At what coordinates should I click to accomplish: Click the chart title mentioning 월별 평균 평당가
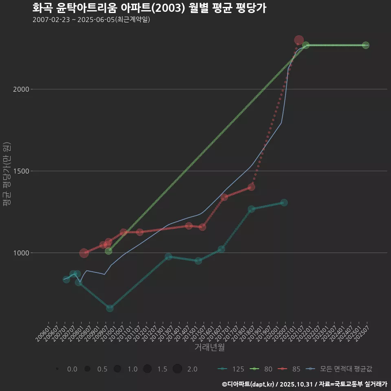click(x=149, y=8)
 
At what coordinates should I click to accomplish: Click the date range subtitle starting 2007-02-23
click(x=92, y=20)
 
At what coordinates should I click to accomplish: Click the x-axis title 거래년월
click(x=209, y=347)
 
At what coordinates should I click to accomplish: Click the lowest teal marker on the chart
click(x=110, y=308)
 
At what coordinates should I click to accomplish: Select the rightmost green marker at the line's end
click(x=366, y=45)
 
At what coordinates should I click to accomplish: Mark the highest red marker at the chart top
click(x=299, y=40)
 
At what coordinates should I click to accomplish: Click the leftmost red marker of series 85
click(x=84, y=253)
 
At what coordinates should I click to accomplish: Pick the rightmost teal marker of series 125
click(x=284, y=202)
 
